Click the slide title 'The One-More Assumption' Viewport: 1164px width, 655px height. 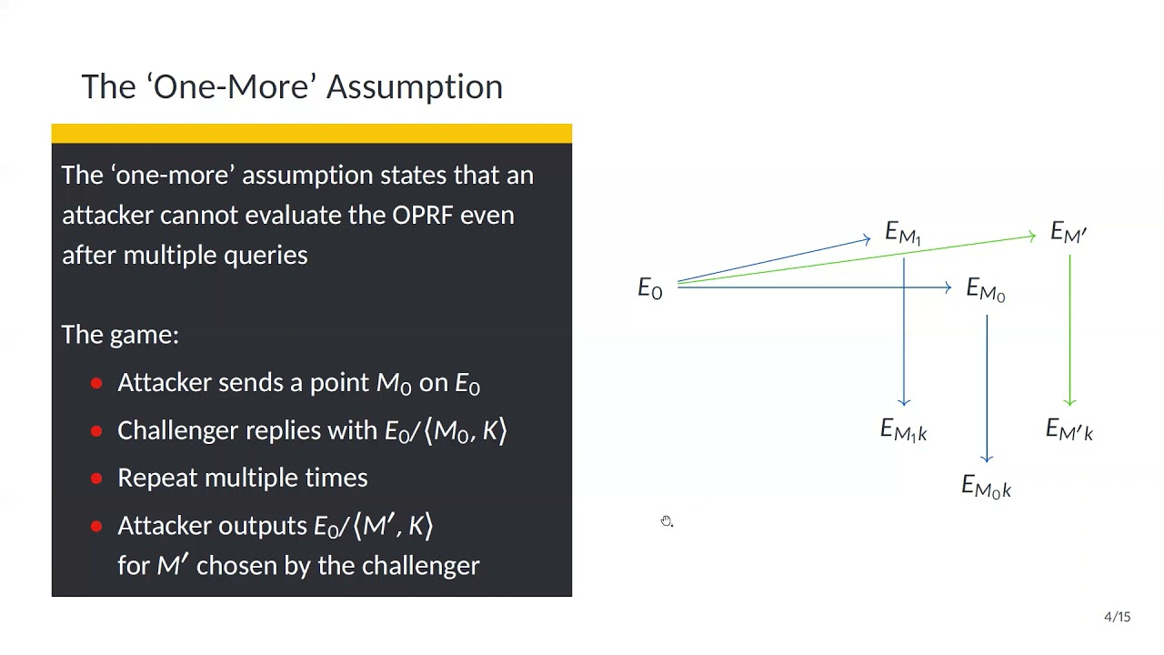point(291,86)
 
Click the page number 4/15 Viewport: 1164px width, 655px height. point(1117,617)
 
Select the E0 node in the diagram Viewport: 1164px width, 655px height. point(649,289)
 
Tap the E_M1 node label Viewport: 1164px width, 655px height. point(903,234)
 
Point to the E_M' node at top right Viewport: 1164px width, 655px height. point(1069,233)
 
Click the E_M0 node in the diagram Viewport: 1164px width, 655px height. point(985,291)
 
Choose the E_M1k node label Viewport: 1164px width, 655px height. point(903,430)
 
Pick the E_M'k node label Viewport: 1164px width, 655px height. point(1069,430)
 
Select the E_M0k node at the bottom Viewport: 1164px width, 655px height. point(986,488)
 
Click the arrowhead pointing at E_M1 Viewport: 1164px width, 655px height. point(866,240)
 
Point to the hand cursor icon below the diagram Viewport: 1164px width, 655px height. point(667,521)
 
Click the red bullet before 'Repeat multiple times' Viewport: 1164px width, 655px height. point(96,479)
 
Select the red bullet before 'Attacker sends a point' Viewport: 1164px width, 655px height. point(96,384)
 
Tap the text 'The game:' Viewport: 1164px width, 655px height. point(120,335)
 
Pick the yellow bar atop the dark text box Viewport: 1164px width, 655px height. point(311,134)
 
